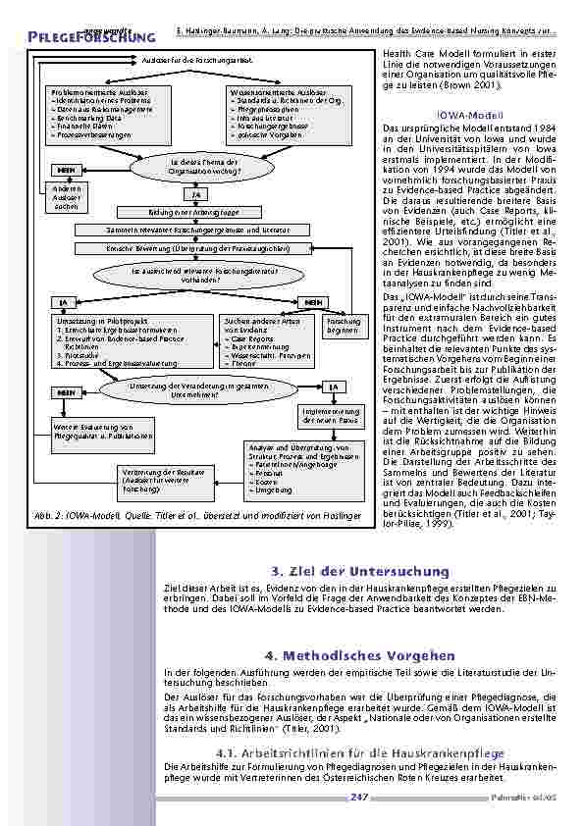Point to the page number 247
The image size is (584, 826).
(359, 798)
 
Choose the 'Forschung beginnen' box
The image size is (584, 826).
(344, 326)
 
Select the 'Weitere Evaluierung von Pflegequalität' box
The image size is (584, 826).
(101, 431)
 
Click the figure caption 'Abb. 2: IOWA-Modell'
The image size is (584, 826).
(205, 513)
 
